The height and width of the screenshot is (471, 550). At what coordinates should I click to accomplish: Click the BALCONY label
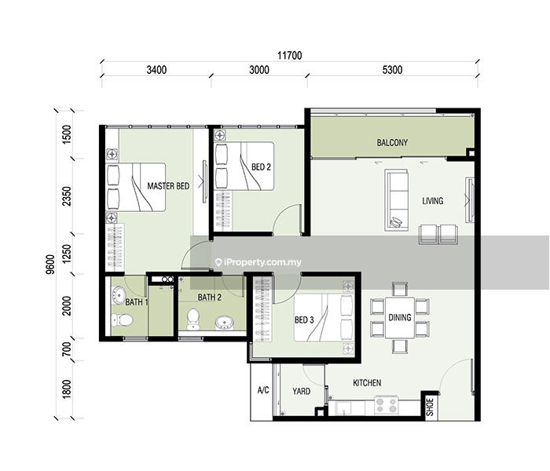coord(392,143)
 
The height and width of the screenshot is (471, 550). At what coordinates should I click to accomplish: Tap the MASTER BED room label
coord(168,186)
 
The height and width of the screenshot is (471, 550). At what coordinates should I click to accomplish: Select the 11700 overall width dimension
coord(290,56)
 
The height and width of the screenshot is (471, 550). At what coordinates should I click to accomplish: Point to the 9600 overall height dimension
coord(50,265)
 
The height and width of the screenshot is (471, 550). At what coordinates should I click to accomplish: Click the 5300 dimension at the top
coord(392,70)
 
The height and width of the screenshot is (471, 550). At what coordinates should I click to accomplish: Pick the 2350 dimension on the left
coord(66,196)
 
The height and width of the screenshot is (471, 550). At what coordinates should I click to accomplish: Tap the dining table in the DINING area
coord(400,317)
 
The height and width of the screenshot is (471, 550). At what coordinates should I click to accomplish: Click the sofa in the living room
coord(397,200)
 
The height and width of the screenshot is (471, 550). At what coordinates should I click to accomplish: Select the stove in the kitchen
coord(387,405)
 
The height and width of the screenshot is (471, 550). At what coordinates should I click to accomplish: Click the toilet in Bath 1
coord(122,319)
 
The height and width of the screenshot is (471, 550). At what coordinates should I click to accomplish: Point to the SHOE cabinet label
coord(430,407)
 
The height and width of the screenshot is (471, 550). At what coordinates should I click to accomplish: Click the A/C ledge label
coord(263,390)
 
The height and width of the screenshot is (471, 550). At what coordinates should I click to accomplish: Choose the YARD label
coord(301,391)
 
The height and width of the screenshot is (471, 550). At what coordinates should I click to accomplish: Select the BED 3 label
coord(304,319)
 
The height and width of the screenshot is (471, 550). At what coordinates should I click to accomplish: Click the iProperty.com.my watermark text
coord(258,262)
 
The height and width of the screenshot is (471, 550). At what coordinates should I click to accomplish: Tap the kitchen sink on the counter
coord(344,408)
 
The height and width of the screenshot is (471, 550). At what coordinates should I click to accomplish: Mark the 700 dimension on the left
coord(66,349)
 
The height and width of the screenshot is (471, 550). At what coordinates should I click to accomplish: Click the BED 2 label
coord(261,167)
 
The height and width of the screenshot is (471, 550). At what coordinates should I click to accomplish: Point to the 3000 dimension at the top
coord(259,70)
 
